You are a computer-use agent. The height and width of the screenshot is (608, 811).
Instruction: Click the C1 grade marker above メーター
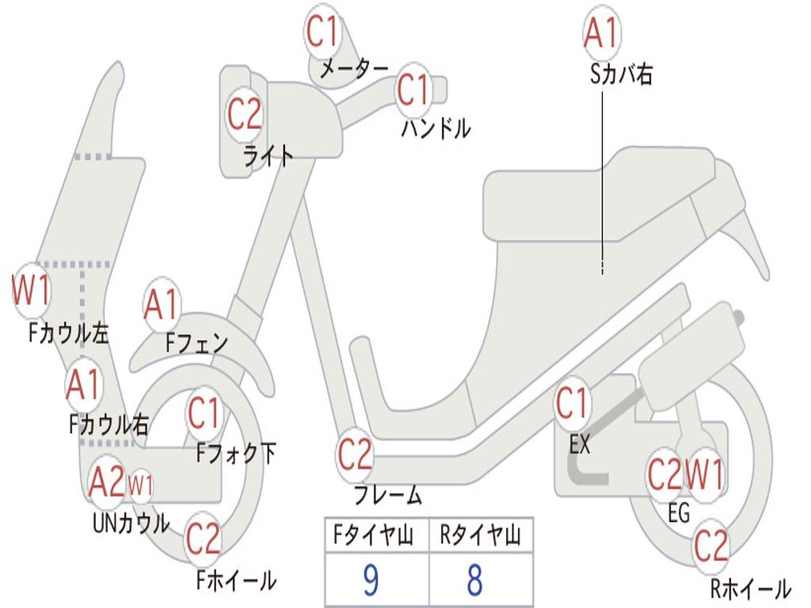pos(323,32)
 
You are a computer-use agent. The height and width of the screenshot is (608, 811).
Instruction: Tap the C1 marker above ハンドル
pos(413,89)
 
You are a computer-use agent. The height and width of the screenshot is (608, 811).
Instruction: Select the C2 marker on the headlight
pos(245,114)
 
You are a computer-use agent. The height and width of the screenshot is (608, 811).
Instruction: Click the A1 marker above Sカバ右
pos(600,33)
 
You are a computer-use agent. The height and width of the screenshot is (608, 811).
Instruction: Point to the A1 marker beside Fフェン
pos(162,306)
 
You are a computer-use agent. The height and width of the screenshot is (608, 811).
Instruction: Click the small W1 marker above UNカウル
pos(140,484)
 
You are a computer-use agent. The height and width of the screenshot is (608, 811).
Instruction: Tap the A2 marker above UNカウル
pos(107,481)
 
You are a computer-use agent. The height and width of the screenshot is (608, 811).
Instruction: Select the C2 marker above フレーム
pos(355,455)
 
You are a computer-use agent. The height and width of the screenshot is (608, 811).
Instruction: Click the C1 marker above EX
pos(572,405)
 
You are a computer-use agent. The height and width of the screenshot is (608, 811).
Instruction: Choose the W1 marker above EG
pos(704,475)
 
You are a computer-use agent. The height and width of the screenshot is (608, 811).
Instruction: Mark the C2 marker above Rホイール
pos(710,545)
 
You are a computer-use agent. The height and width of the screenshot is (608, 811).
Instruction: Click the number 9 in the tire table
pos(371,581)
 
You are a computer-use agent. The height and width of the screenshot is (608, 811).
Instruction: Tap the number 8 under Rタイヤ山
pos(475,581)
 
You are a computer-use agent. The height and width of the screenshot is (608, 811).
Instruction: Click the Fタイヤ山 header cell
pos(374,536)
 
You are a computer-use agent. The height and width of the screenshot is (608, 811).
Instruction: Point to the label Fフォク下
pos(236,454)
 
